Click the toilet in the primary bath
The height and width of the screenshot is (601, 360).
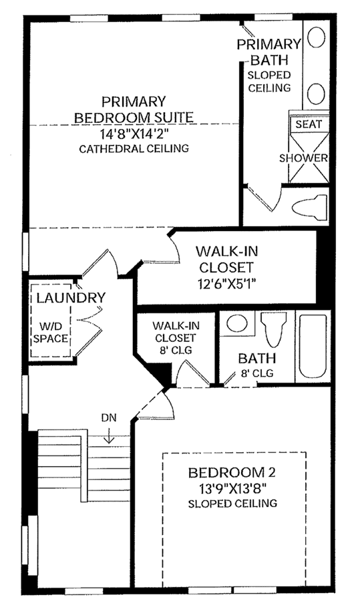[310, 208]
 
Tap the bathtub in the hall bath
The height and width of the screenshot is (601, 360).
[313, 347]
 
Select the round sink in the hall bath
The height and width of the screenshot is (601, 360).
[236, 323]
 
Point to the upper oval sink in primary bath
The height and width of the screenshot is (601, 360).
[317, 37]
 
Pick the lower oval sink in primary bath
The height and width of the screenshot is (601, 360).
[317, 93]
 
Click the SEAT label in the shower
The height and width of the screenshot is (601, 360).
[309, 124]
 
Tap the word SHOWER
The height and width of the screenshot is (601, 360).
[303, 158]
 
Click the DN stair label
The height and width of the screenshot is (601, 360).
[109, 417]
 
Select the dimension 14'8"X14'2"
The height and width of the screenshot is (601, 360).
[134, 134]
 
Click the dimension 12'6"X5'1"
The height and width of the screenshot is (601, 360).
[226, 284]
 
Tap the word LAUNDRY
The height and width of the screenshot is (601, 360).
[71, 297]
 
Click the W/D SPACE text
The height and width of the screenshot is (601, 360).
[51, 333]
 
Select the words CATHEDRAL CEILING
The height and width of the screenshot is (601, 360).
[134, 148]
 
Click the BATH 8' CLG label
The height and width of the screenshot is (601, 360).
[257, 365]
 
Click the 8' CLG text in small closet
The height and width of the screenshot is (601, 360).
[176, 350]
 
